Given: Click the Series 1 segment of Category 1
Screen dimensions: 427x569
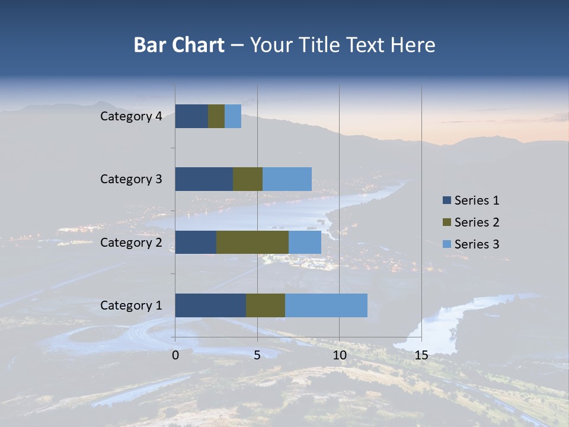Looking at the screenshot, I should click(210, 305).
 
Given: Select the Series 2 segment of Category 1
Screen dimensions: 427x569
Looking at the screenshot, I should click(266, 305).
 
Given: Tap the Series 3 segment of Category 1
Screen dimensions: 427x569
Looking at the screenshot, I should click(326, 305).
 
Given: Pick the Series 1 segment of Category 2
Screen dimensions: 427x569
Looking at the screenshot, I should click(196, 242).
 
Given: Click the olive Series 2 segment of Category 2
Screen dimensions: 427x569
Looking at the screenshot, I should click(252, 242).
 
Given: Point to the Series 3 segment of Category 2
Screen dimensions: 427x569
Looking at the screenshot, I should click(305, 242).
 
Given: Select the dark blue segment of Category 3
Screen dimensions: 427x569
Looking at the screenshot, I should click(204, 179).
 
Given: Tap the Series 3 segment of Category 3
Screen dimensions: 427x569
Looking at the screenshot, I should click(287, 179).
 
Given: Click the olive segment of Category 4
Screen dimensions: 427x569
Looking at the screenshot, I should click(216, 116).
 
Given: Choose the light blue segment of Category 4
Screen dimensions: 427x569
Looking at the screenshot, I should click(233, 116).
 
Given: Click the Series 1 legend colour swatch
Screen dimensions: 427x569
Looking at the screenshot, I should click(446, 200).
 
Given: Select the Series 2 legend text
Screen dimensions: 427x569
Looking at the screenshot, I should click(477, 222).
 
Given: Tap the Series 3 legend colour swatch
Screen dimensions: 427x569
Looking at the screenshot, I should click(446, 244).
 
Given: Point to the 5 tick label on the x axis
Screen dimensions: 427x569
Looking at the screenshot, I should click(257, 355).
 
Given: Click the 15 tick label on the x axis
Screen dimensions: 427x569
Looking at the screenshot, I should click(421, 355).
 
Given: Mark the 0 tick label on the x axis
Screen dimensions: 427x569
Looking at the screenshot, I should click(175, 355).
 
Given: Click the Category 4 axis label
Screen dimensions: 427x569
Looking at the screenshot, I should click(131, 116).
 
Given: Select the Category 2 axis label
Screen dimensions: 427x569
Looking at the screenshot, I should click(131, 242).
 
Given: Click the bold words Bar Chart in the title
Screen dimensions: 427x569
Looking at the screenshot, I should click(179, 45).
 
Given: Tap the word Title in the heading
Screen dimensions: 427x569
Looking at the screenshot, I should click(318, 45).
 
